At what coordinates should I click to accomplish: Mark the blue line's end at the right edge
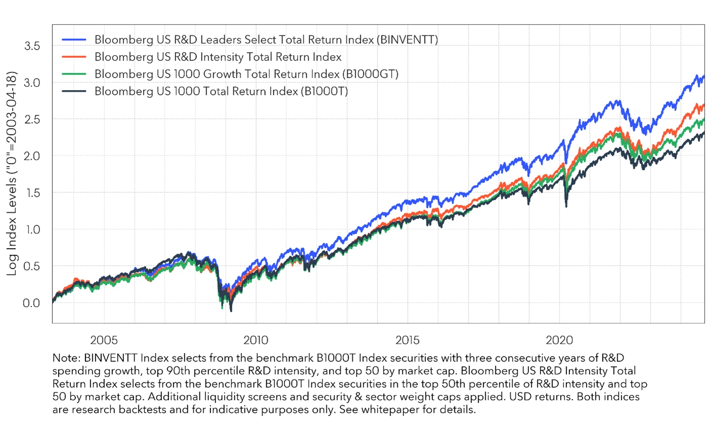click(x=704, y=76)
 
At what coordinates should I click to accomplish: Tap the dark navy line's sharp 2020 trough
click(x=566, y=206)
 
